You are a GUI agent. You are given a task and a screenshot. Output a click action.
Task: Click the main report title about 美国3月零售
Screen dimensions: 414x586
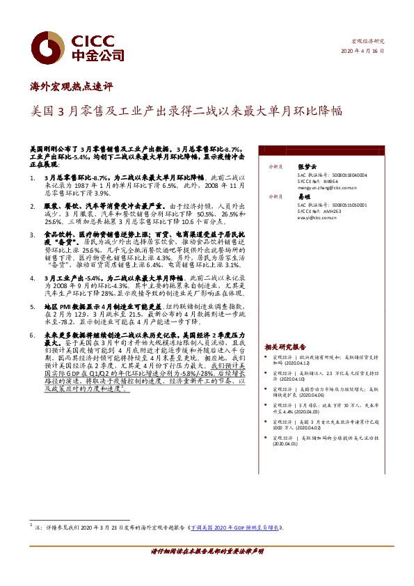coord(187,110)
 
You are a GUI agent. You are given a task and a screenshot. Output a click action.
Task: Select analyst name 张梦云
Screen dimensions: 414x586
coord(307,167)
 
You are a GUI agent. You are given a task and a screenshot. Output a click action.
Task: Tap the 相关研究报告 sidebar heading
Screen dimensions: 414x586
coord(285,346)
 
